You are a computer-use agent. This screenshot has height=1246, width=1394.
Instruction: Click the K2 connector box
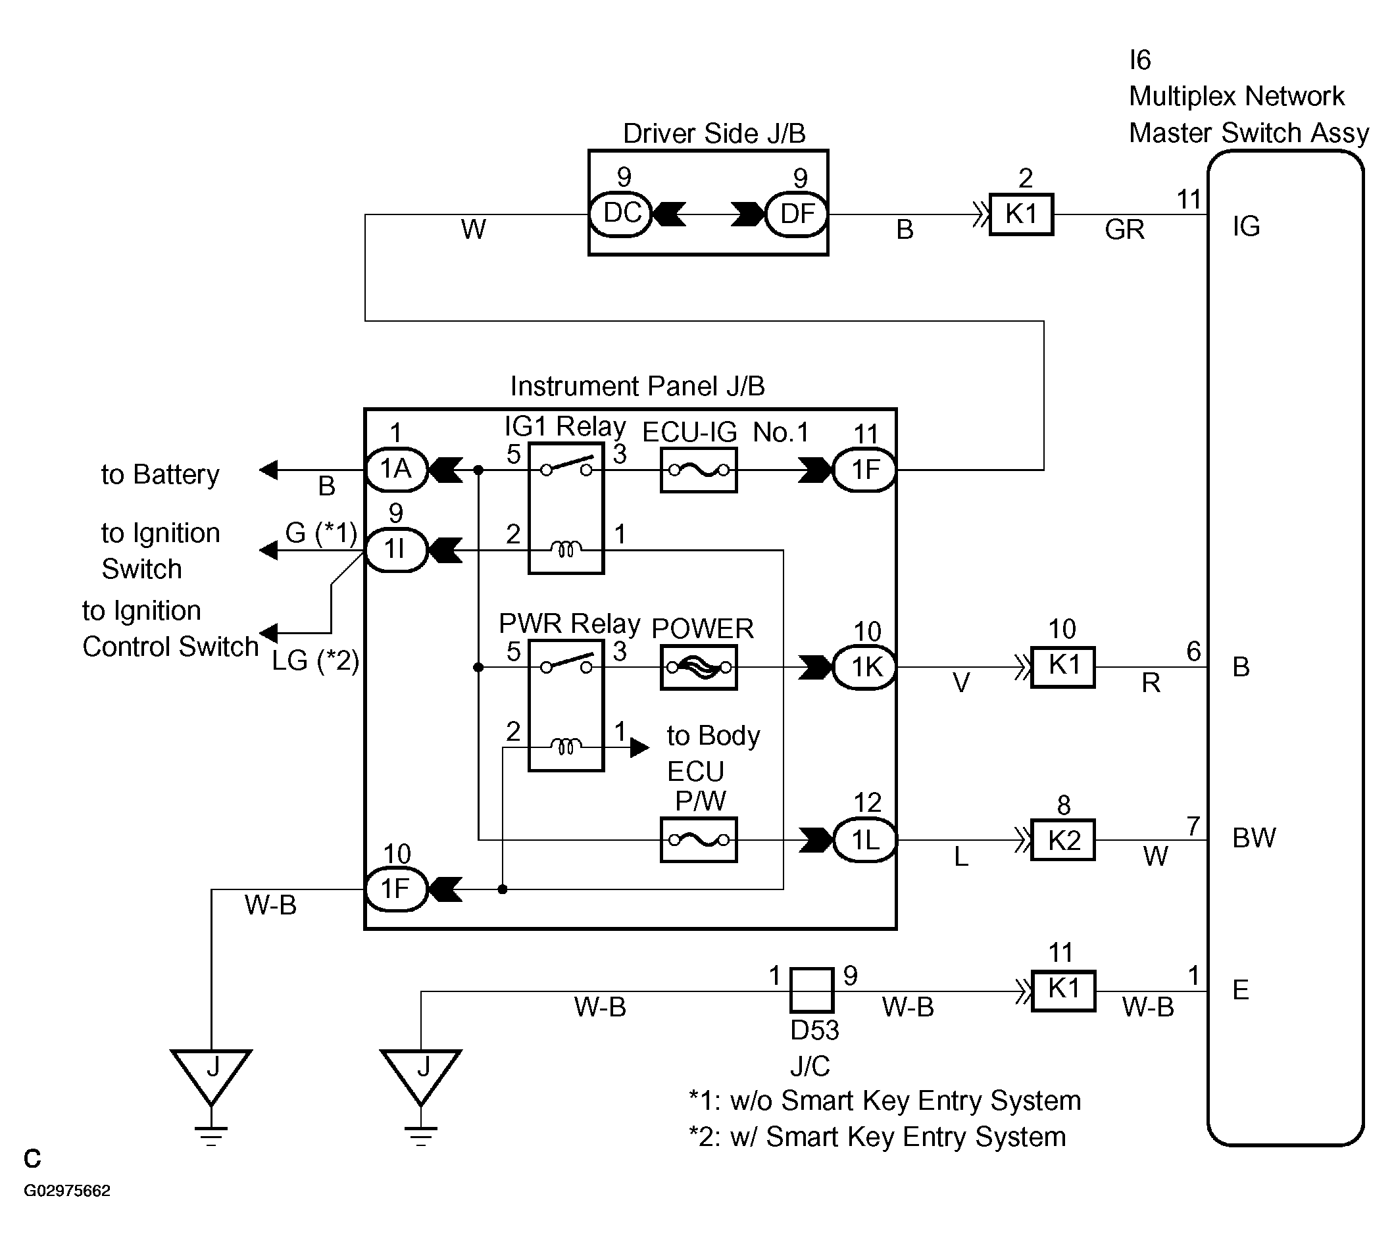coord(1063,840)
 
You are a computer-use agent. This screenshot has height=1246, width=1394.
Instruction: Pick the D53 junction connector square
coord(811,990)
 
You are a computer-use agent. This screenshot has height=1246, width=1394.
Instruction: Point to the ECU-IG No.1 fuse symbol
coord(699,470)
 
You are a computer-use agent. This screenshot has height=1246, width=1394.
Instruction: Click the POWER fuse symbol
coord(699,668)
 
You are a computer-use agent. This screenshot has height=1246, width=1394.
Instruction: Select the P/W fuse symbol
coord(699,840)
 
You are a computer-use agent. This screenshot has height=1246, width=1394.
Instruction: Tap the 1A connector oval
coord(397,470)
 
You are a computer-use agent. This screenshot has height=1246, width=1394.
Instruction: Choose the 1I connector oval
coord(397,550)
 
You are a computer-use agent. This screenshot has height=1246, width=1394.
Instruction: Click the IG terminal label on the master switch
coord(1246,226)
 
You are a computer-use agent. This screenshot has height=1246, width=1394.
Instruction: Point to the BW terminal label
coord(1254,838)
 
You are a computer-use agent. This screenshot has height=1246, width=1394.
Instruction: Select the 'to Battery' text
coord(161,474)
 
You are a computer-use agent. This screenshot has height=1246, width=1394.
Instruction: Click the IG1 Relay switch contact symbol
coord(566,467)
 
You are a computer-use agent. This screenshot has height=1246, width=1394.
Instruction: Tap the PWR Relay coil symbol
coord(566,745)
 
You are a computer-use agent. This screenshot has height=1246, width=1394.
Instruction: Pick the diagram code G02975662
coord(67,1191)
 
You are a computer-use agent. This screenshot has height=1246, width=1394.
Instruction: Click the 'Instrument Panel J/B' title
coord(637,387)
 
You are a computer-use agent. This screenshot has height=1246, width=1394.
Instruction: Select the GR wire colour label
coord(1124,230)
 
